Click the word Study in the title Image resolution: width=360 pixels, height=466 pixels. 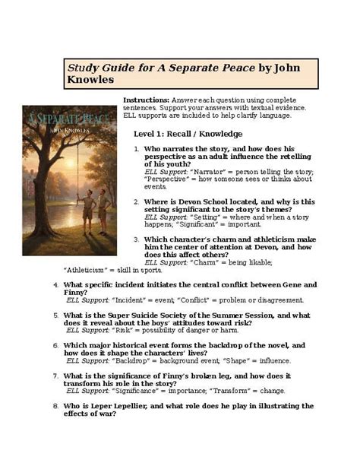83,67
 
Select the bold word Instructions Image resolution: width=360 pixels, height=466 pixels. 145,100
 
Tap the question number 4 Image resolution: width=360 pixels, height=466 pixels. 55,284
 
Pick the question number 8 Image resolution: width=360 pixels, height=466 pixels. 55,406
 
